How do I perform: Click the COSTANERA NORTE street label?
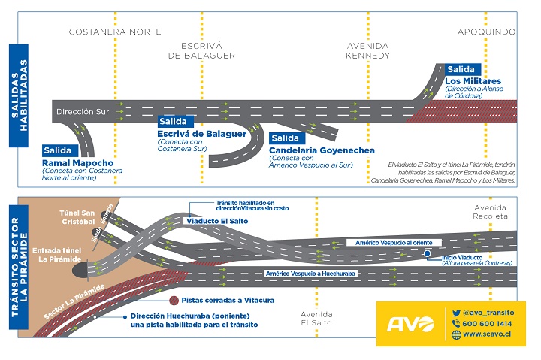click(x=115, y=32)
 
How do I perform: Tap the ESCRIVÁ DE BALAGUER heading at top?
click(x=201, y=50)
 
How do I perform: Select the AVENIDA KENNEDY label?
click(x=367, y=50)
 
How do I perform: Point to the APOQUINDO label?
click(x=487, y=32)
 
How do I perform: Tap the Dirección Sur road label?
click(x=79, y=111)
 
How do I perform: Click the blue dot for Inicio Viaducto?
click(x=426, y=255)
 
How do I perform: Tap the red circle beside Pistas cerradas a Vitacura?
click(x=174, y=300)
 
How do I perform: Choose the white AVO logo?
click(x=410, y=325)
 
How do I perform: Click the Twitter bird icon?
click(x=456, y=312)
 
